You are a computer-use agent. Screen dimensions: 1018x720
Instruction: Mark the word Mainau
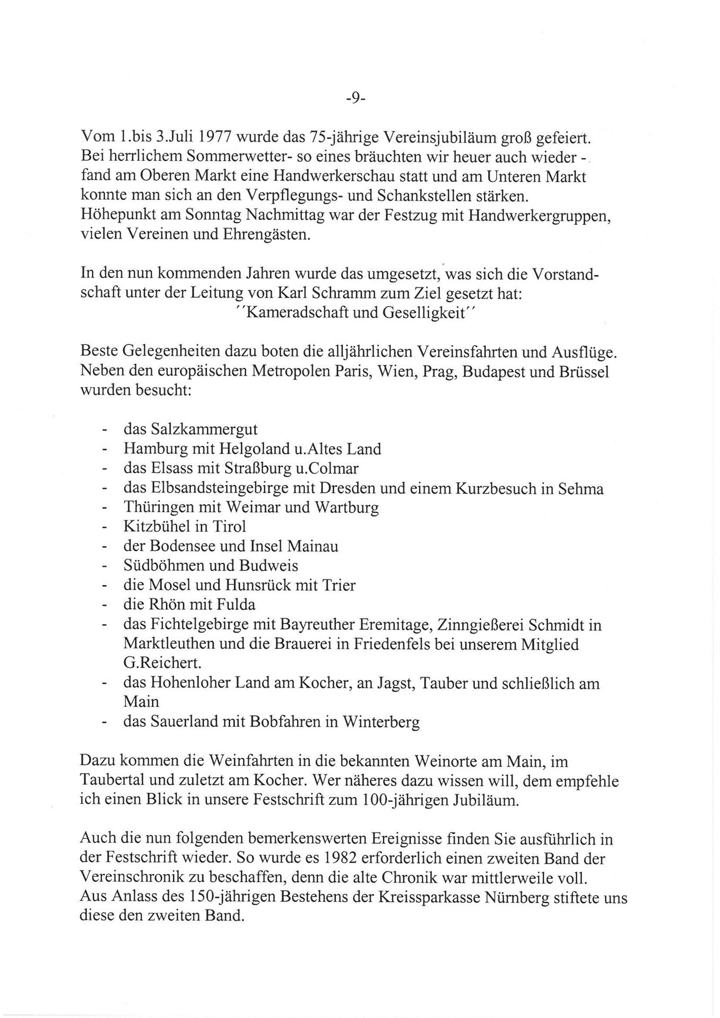(x=314, y=546)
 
